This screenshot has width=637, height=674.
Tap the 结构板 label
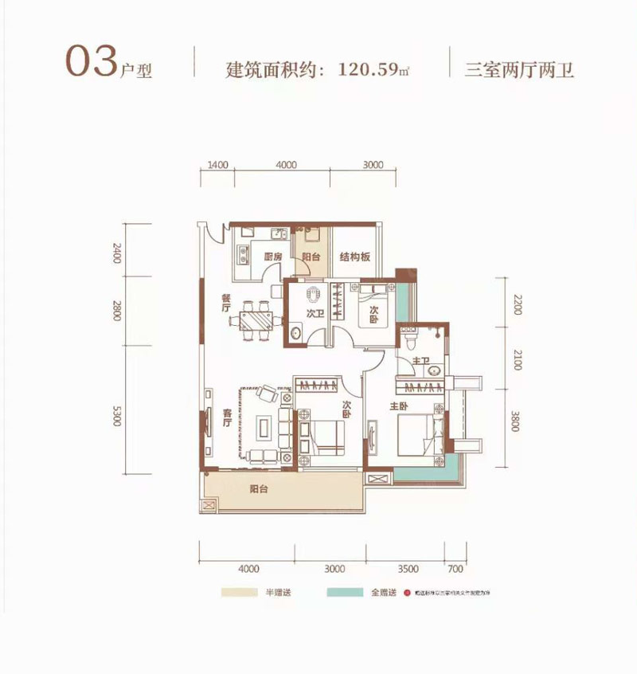(355, 257)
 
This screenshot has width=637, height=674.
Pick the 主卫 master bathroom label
(422, 362)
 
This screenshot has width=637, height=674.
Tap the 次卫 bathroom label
(315, 315)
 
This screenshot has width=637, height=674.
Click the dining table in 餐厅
(256, 320)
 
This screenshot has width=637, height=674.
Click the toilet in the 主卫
(410, 339)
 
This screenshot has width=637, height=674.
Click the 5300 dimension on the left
(117, 416)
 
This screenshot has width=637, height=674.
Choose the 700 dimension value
(455, 569)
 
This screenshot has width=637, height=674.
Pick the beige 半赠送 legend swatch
(237, 594)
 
